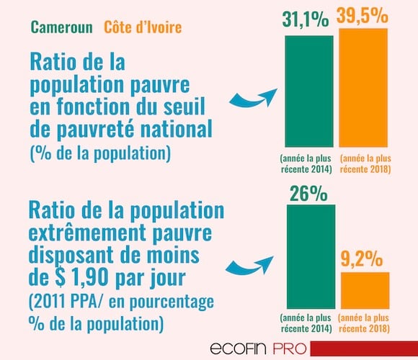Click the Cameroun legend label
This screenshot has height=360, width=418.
(x=62, y=27)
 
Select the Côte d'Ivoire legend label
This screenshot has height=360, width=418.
(x=143, y=27)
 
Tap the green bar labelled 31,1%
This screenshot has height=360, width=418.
(x=309, y=91)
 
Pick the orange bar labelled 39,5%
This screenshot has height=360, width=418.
(x=363, y=88)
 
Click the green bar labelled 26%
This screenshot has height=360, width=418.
(x=311, y=257)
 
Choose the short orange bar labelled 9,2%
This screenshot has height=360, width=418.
(x=365, y=290)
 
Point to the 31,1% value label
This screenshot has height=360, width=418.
(x=306, y=19)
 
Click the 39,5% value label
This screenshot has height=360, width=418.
(x=363, y=15)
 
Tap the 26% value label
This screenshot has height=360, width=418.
(x=308, y=194)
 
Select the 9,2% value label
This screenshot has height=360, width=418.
(x=362, y=258)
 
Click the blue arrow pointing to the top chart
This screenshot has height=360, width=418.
(x=253, y=99)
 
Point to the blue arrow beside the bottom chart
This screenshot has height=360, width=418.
(x=249, y=266)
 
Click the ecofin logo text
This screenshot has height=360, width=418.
(x=239, y=348)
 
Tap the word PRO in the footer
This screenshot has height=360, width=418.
(x=290, y=348)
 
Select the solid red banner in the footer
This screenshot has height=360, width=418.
(x=364, y=348)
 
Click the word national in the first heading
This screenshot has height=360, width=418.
(x=177, y=129)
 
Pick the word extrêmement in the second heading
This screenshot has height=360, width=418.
(x=87, y=233)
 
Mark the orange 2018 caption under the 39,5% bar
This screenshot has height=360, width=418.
(x=365, y=163)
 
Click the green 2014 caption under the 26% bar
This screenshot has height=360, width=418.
(x=306, y=323)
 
